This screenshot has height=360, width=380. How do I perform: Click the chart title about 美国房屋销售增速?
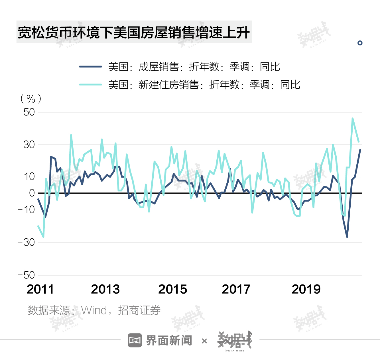(x=134, y=32)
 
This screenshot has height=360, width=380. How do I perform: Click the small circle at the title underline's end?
(x=360, y=43)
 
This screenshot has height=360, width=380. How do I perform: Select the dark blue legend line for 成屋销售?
(x=90, y=67)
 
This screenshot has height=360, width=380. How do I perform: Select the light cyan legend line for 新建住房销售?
(x=90, y=84)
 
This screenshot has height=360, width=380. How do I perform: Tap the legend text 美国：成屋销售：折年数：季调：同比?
(x=194, y=67)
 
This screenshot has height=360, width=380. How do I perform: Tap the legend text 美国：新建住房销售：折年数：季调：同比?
(x=204, y=85)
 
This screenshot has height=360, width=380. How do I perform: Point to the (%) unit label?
(x=31, y=99)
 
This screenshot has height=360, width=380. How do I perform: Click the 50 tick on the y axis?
(x=29, y=112)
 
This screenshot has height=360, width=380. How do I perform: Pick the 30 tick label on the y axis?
(x=29, y=145)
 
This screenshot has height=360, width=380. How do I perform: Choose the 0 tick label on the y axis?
(x=32, y=193)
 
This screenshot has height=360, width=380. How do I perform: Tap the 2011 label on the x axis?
(x=40, y=289)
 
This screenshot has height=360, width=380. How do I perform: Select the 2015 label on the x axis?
(x=172, y=289)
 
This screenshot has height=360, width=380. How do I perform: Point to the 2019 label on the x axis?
(x=306, y=289)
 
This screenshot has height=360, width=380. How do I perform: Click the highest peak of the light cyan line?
(x=353, y=118)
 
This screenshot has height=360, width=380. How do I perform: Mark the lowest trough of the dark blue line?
(x=347, y=237)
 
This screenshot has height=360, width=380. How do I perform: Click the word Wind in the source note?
(x=94, y=310)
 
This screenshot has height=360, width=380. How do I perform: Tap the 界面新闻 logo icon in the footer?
(x=135, y=340)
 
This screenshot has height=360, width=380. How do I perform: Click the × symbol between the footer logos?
(x=204, y=341)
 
